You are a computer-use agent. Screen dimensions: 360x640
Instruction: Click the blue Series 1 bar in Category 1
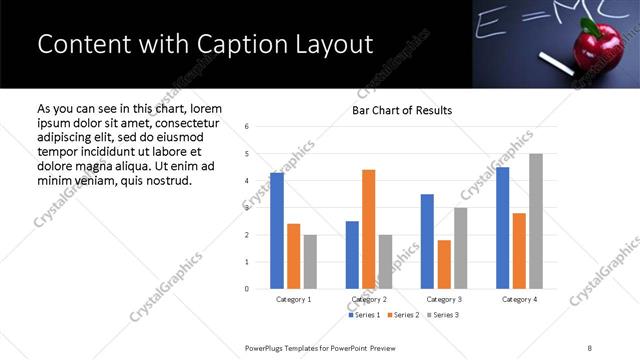point(277,231)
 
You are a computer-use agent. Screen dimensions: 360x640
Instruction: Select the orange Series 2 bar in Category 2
point(369,229)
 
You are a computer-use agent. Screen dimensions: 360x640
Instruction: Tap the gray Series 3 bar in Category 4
point(536,221)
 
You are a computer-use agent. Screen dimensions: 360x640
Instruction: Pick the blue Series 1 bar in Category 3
point(427,241)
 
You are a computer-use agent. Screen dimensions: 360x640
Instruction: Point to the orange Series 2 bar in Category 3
point(444,264)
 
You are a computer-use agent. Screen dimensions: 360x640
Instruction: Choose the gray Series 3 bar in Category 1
point(310,262)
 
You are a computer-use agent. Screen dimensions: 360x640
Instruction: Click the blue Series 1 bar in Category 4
point(502,228)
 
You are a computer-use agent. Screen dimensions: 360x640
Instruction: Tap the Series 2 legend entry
point(402,315)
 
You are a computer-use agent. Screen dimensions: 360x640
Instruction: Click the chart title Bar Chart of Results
point(401,110)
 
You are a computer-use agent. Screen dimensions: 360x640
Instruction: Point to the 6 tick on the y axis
point(247,127)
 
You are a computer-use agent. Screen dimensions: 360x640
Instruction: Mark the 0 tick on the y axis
point(247,289)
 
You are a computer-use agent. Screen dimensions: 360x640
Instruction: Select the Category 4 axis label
point(519,299)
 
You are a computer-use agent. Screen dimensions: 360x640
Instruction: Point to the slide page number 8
point(590,347)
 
